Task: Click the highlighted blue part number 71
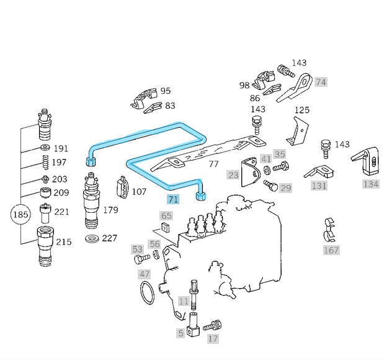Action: point(173,199)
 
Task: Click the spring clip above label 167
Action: point(330,230)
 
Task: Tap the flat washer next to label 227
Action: point(91,239)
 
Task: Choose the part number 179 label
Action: point(110,210)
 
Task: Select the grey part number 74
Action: point(321,81)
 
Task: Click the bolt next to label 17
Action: point(212,325)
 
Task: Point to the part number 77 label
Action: point(213,164)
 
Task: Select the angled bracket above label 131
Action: point(319,171)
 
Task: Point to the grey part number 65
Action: point(166,215)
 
